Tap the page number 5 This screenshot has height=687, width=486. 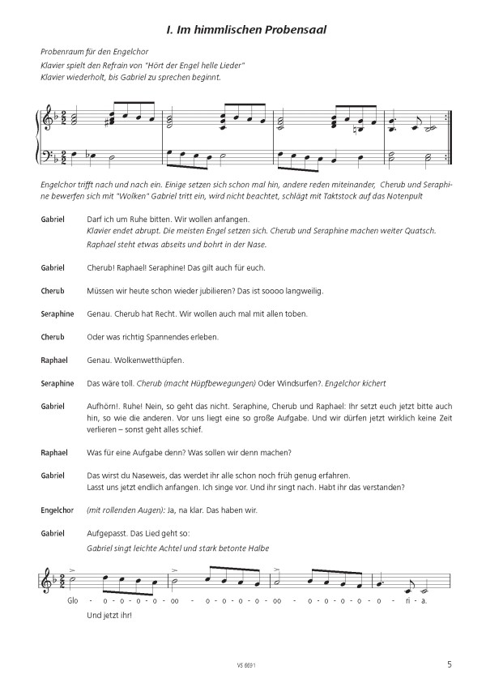coord(450,666)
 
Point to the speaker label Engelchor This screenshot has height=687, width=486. coord(56,510)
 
